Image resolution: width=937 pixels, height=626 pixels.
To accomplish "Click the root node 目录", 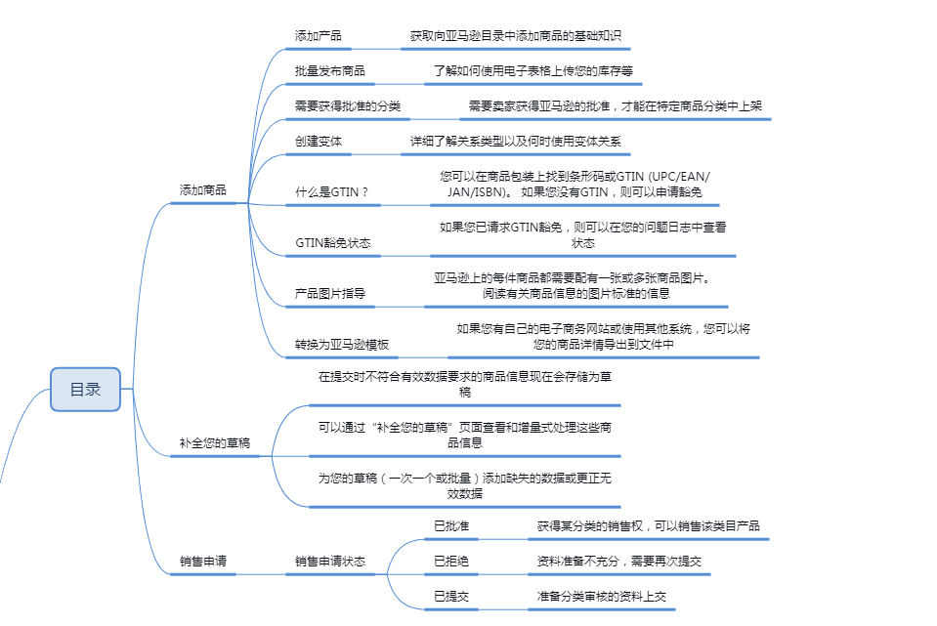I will coord(85,390).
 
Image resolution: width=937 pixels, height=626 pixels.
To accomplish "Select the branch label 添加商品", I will coord(203,190).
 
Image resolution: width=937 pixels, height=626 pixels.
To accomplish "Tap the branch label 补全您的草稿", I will coord(214,443).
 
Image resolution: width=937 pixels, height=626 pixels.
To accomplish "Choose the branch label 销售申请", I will coord(203,563).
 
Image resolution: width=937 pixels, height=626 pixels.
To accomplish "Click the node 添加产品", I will coord(319,36).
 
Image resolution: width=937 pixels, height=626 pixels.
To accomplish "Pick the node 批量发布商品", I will coord(330,71).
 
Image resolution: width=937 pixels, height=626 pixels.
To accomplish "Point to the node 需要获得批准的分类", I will coord(348,106).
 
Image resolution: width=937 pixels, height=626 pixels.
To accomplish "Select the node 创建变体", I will coord(319,142).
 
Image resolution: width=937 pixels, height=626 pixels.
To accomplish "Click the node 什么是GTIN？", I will coord(332,192).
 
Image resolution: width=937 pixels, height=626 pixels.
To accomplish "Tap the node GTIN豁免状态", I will coord(333,242).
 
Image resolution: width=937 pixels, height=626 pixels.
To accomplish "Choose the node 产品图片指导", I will coord(330,293).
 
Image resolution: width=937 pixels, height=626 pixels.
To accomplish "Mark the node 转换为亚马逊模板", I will coord(342,345).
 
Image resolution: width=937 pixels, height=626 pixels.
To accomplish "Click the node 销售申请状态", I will coord(330,563).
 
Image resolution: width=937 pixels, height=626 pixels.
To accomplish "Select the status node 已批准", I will coord(451,526).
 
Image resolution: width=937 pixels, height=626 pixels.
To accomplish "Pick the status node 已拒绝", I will coord(451,562).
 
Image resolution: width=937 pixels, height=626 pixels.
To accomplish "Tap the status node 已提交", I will coord(451,597).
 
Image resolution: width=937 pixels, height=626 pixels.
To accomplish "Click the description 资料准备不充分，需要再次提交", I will coord(619,562).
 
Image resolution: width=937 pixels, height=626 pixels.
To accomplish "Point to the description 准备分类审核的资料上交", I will coord(602,597).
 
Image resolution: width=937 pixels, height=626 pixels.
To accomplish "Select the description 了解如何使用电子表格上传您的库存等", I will coord(534,71).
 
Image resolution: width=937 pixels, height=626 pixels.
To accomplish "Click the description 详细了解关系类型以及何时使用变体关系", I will coord(516,142).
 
